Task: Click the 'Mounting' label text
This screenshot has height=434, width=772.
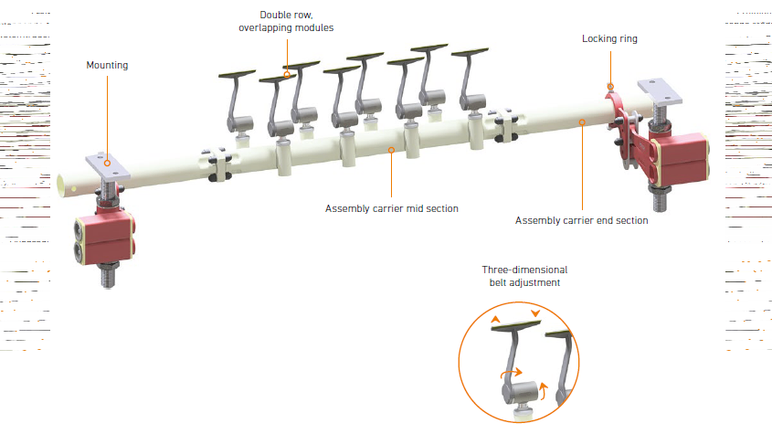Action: [x=107, y=66]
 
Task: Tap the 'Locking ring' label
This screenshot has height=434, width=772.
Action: [x=609, y=38]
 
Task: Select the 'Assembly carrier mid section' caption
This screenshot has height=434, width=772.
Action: [x=391, y=208]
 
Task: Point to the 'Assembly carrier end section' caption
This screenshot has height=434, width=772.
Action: [x=581, y=220]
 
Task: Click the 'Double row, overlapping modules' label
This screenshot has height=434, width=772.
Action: [x=286, y=21]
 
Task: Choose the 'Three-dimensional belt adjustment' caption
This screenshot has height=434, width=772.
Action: [x=524, y=276]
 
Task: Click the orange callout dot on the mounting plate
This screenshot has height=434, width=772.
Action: [x=107, y=163]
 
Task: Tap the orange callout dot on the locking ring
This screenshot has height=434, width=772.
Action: [x=610, y=87]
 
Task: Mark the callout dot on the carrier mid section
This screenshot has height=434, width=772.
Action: [x=391, y=150]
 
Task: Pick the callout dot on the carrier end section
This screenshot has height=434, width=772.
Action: [x=582, y=122]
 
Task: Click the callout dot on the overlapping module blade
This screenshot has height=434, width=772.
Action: [x=287, y=75]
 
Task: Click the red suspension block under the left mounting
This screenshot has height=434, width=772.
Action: [x=104, y=238]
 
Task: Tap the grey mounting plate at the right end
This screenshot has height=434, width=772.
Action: [x=660, y=91]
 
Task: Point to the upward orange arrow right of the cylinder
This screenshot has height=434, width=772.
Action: [x=543, y=390]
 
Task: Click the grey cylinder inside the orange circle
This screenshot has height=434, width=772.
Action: [x=520, y=393]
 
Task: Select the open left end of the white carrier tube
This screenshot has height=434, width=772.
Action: [x=62, y=185]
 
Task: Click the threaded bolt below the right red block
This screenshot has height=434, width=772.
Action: [x=660, y=198]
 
